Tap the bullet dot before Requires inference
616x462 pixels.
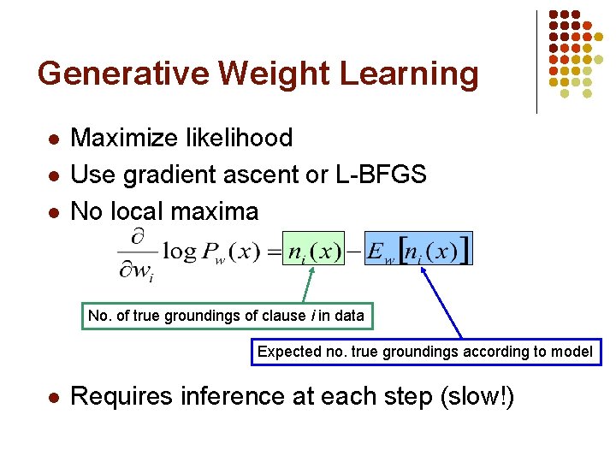[53, 398]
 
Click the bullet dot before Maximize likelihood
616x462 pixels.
[53, 139]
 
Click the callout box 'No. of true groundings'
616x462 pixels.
[226, 316]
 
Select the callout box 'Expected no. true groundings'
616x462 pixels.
[425, 352]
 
